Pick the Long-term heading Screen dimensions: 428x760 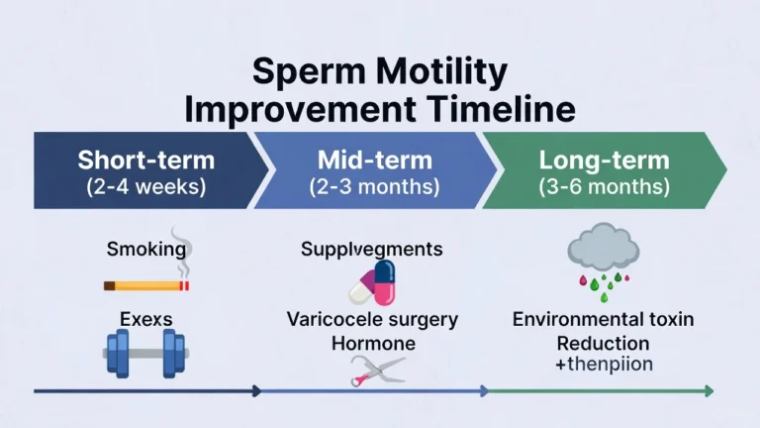pyautogui.click(x=604, y=160)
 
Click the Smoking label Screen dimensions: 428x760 pyautogui.click(x=145, y=249)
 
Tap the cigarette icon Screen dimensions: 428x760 pyautogui.click(x=145, y=285)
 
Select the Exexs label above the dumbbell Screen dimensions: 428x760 pyautogui.click(x=145, y=320)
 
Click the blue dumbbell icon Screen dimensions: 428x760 pyautogui.click(x=145, y=352)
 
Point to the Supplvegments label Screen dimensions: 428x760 pyautogui.click(x=371, y=249)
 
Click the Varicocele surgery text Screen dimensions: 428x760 pyautogui.click(x=372, y=320)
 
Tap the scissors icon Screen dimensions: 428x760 pyautogui.click(x=377, y=371)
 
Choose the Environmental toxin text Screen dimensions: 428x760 pyautogui.click(x=603, y=320)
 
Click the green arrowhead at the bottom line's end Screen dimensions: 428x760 pyautogui.click(x=708, y=391)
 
